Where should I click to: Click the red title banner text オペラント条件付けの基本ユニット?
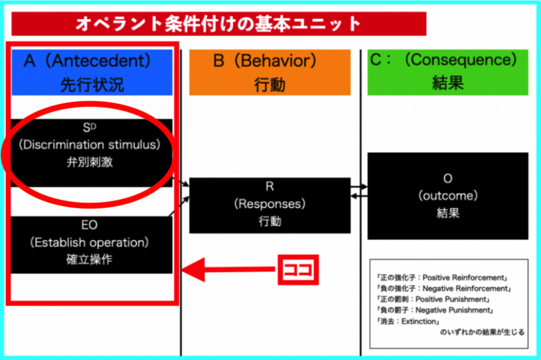pos(218,24)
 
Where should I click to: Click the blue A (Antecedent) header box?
pos(92,72)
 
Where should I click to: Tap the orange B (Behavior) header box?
pos(270,72)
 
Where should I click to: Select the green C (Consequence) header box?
pos(448,72)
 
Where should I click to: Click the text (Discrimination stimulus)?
pos(90,145)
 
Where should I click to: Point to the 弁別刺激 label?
pos(90,162)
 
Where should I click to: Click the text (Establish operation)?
pos(89,242)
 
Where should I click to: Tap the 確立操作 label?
pos(89,259)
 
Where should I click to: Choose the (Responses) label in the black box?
pos(270,204)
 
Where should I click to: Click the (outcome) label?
pos(448,195)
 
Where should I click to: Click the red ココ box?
pos(298,270)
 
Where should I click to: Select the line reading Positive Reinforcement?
pos(442,278)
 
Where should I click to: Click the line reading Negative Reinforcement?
pos(444,288)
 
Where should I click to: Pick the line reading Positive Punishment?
pos(433,299)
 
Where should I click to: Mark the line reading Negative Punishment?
pos(435,310)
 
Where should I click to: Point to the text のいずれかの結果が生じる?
pos(482,332)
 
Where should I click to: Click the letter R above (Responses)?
pos(270,186)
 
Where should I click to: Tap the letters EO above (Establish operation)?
pos(89,225)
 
